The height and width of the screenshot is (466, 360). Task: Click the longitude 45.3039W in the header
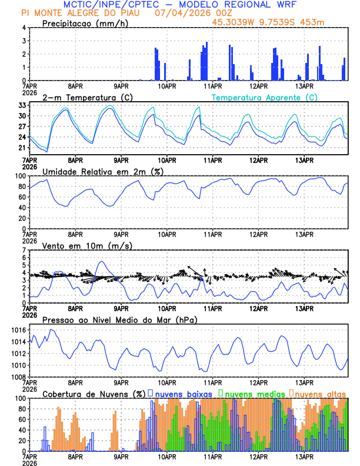coord(235,22)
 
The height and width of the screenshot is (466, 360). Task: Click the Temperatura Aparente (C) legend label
coord(265,97)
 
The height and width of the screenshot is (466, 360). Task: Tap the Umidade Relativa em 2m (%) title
coord(102,171)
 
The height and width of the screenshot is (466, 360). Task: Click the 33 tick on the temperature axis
coord(22,105)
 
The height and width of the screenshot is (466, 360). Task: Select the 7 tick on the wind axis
coord(24,250)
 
